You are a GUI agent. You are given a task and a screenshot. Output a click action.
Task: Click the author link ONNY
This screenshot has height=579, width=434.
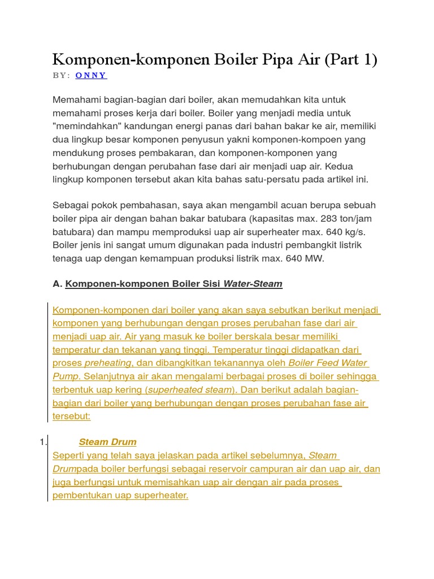tap(91, 75)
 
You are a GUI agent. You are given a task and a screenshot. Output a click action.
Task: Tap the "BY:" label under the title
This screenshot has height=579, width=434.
tap(61, 75)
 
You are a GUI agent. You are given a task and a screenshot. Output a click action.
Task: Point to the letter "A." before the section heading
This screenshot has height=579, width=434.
tap(58, 284)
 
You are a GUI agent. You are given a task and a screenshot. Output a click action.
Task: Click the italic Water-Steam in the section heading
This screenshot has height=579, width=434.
tap(253, 284)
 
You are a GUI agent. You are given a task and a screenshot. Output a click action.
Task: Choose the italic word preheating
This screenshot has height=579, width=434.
tap(108, 363)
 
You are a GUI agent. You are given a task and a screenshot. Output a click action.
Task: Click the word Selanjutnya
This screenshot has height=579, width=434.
tap(110, 376)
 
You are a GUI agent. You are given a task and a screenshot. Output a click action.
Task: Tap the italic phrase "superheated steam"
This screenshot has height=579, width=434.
tap(190, 390)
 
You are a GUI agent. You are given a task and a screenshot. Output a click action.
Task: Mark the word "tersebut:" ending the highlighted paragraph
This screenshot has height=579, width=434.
tap(71, 416)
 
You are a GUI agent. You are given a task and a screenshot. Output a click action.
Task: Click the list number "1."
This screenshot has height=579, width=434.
tap(43, 442)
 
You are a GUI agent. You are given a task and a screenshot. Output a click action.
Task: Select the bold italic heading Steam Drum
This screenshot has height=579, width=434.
tap(107, 442)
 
